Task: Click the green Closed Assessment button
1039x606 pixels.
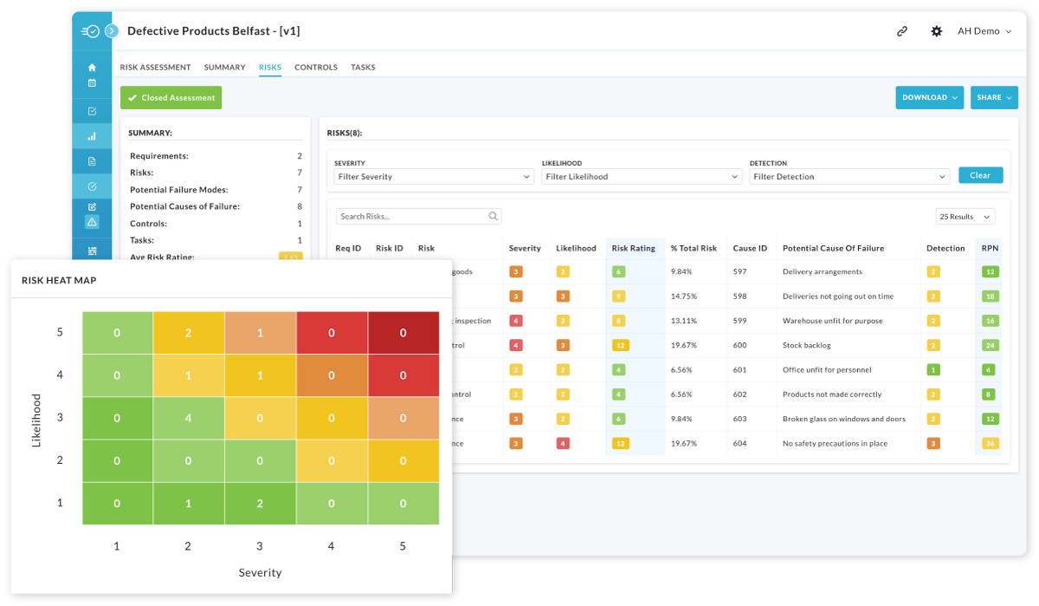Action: [x=171, y=98]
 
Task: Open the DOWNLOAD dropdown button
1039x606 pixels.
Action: [x=930, y=98]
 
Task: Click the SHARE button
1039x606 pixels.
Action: [x=994, y=98]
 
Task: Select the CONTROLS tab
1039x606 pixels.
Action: [x=315, y=68]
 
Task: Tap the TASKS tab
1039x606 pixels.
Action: [x=363, y=68]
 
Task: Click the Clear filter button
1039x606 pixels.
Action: [x=980, y=175]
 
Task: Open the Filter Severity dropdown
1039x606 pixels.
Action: [x=434, y=177]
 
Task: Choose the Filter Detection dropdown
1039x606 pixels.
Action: [x=849, y=177]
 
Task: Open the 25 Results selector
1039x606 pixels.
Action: [x=965, y=217]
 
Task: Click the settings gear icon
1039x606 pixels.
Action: [x=936, y=31]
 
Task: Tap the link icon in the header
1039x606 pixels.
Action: [x=901, y=31]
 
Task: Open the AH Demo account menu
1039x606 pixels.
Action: [x=984, y=31]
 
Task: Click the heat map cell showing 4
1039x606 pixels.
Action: [x=189, y=419]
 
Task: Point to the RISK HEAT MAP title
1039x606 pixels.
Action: [x=59, y=280]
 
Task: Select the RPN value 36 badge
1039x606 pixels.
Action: [x=990, y=444]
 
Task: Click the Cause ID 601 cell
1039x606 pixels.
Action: [x=739, y=370]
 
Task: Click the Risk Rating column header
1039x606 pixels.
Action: [x=634, y=248]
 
